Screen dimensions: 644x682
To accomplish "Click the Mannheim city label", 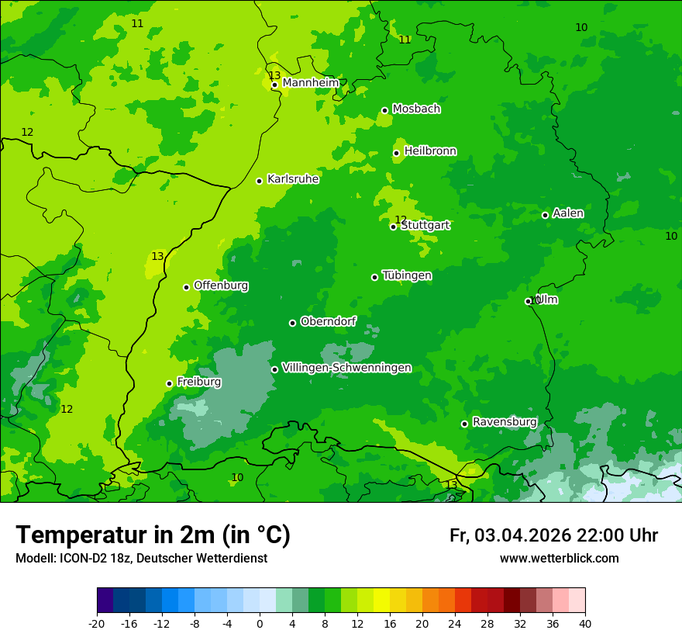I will click(x=311, y=83).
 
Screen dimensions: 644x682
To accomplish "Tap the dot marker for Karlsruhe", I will click(x=259, y=181).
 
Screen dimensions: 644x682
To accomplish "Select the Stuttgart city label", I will click(x=425, y=226).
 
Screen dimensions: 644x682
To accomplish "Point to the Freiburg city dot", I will click(x=169, y=383).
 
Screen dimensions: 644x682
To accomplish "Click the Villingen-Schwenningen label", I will click(x=346, y=368).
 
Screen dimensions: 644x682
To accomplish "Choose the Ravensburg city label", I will click(x=505, y=422).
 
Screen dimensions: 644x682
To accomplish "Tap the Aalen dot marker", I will click(x=545, y=215).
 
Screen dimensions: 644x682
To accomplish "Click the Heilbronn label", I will click(x=430, y=151).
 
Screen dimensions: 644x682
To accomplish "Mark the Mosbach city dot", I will click(x=384, y=110).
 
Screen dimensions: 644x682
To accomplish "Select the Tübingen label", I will click(x=407, y=275).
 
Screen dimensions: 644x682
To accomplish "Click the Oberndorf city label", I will click(x=329, y=321).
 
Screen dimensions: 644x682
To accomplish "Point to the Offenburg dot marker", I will click(x=186, y=287).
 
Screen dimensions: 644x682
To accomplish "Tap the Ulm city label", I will click(x=547, y=299).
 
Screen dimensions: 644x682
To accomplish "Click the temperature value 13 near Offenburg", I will click(x=157, y=257).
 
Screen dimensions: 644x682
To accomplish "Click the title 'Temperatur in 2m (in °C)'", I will click(x=153, y=535).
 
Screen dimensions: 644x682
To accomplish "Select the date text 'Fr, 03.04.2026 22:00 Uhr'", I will click(x=553, y=535).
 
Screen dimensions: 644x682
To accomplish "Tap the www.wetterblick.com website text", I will click(x=559, y=558).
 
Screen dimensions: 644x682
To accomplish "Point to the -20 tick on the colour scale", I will click(x=97, y=623).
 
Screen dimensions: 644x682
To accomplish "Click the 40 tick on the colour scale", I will click(x=584, y=623).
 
